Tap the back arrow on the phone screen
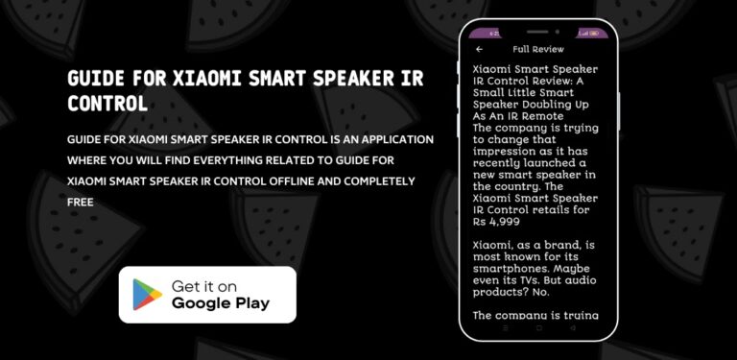[479, 49]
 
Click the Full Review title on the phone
[538, 49]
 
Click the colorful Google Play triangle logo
[147, 295]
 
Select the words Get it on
[204, 286]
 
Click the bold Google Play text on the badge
[220, 304]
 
